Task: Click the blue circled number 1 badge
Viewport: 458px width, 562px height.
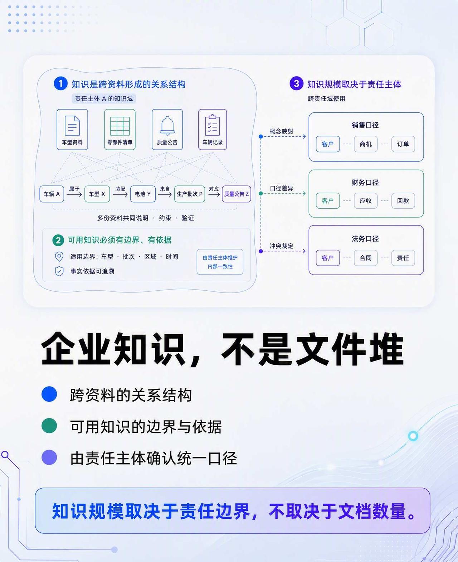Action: click(x=60, y=84)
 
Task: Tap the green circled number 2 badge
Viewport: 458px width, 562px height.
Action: click(x=58, y=240)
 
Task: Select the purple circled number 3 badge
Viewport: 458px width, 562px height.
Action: click(x=296, y=83)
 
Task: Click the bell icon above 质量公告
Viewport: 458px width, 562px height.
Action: click(x=167, y=126)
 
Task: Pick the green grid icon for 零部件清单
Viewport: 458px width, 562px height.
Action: click(x=120, y=126)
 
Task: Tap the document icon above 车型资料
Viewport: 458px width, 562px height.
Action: click(x=72, y=126)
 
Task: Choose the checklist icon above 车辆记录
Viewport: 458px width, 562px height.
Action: click(x=212, y=125)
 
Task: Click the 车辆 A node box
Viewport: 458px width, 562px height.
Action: click(x=52, y=194)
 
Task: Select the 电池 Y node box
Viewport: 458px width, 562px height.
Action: click(x=143, y=194)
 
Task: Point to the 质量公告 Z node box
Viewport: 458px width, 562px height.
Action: click(x=236, y=194)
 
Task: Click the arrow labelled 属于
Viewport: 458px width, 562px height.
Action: click(x=74, y=194)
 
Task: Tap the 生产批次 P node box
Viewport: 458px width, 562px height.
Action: click(x=189, y=194)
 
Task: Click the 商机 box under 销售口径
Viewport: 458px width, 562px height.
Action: click(x=366, y=144)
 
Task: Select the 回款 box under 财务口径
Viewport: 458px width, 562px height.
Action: click(x=403, y=201)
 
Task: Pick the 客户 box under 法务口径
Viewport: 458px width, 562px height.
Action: click(x=328, y=258)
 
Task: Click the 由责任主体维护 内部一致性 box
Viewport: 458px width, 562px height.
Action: click(x=220, y=262)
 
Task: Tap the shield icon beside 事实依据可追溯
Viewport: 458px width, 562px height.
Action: click(x=59, y=271)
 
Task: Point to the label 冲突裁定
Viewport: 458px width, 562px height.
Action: click(x=281, y=246)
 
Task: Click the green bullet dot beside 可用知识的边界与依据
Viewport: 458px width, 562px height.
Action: click(x=49, y=426)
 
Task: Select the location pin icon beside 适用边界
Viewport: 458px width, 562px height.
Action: click(x=59, y=256)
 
